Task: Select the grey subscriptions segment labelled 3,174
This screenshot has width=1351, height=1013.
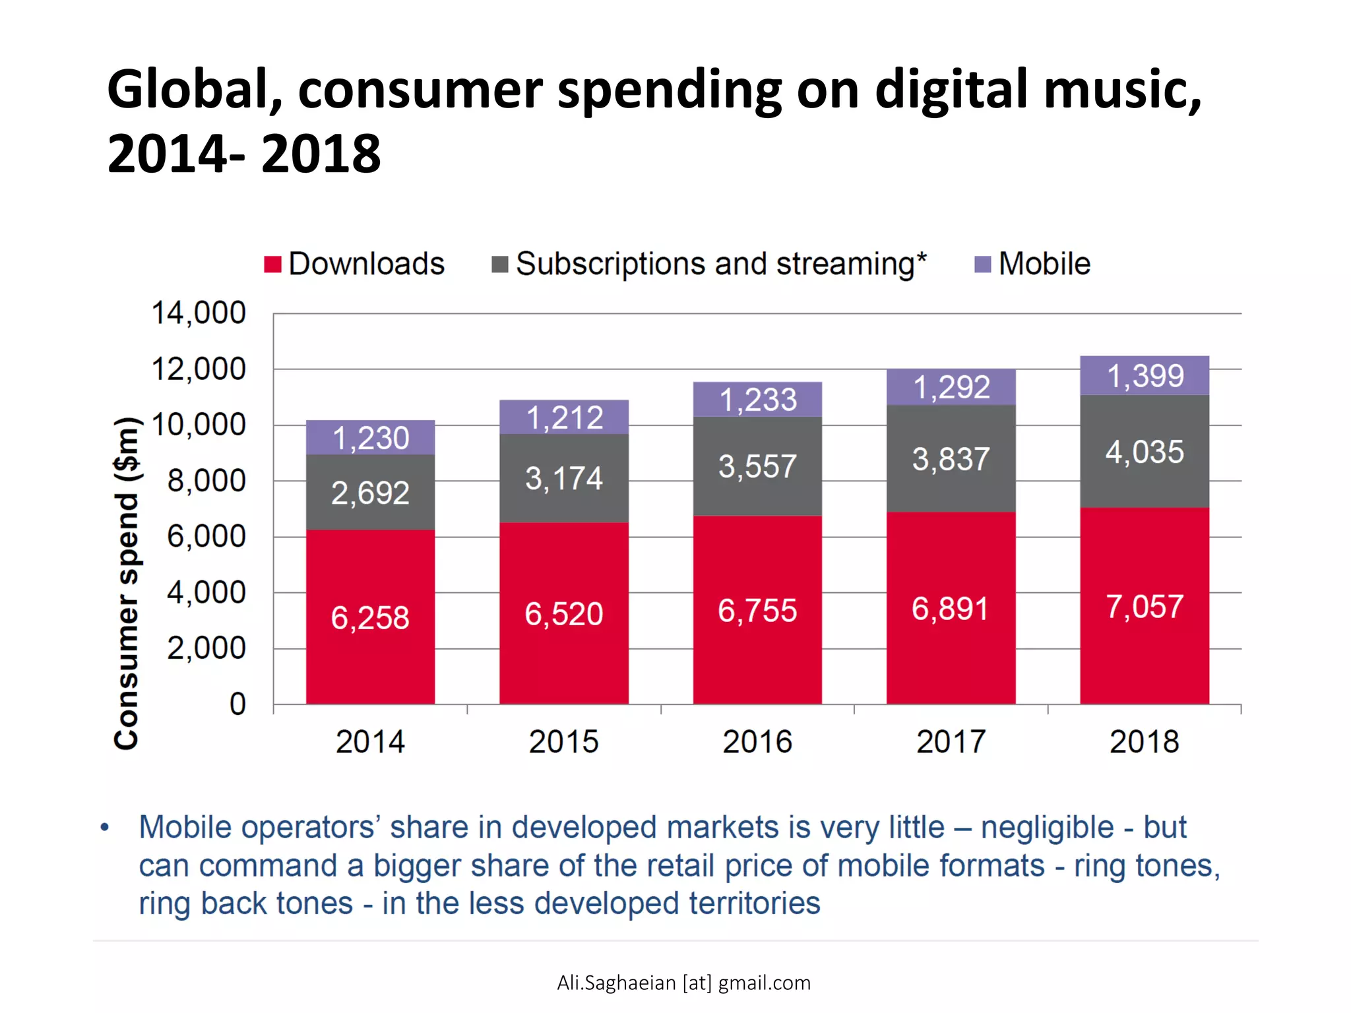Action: pyautogui.click(x=564, y=478)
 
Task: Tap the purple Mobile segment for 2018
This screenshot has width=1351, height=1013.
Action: pyautogui.click(x=1145, y=375)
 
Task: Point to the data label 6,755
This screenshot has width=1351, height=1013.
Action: pyautogui.click(x=757, y=611)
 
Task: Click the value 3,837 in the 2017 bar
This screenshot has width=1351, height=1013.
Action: pyautogui.click(x=951, y=459)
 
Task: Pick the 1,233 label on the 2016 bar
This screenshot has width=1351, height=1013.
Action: pyautogui.click(x=758, y=400)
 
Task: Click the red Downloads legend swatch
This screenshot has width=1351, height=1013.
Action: pyautogui.click(x=272, y=264)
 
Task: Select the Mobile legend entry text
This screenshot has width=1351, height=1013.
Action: pyautogui.click(x=1044, y=264)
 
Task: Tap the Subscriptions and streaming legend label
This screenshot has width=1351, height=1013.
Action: pyautogui.click(x=721, y=264)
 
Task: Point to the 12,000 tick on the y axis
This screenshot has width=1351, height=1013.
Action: pyautogui.click(x=199, y=369)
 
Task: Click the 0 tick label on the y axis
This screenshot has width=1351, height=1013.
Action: pyautogui.click(x=237, y=704)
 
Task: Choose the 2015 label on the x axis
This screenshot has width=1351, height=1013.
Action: pyautogui.click(x=564, y=742)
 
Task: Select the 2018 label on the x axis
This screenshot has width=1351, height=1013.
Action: pyautogui.click(x=1145, y=742)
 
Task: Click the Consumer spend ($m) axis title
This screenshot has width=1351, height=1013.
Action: pyautogui.click(x=126, y=584)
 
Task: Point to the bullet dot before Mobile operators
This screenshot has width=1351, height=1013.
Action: pyautogui.click(x=104, y=827)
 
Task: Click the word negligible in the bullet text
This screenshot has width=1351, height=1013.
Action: pyautogui.click(x=1047, y=827)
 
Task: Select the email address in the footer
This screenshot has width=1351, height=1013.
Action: pyautogui.click(x=683, y=983)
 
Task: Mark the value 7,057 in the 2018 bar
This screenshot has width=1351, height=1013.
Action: pyautogui.click(x=1145, y=607)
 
